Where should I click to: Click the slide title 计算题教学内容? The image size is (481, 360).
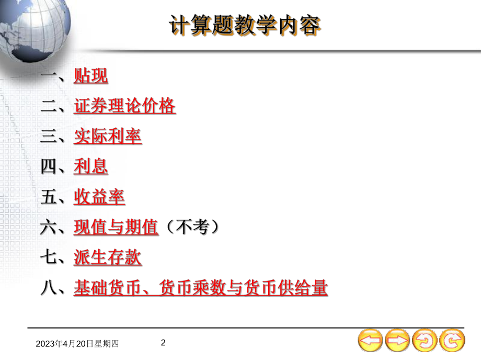pyautogui.click(x=244, y=25)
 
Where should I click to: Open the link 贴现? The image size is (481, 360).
pyautogui.click(x=90, y=76)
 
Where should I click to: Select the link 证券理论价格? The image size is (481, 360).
pyautogui.click(x=124, y=106)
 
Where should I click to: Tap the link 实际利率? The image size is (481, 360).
pyautogui.click(x=107, y=137)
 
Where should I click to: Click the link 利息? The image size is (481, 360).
pyautogui.click(x=90, y=167)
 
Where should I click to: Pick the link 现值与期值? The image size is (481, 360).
pyautogui.click(x=116, y=228)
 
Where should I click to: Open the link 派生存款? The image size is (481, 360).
pyautogui.click(x=107, y=258)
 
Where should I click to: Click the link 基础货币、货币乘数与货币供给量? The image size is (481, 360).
pyautogui.click(x=200, y=288)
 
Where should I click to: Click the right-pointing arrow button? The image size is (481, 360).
pyautogui.click(x=397, y=341)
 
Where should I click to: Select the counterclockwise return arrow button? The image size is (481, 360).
pyautogui.click(x=425, y=341)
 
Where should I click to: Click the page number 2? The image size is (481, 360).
pyautogui.click(x=163, y=343)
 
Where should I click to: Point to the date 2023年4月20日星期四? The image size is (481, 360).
pyautogui.click(x=78, y=344)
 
